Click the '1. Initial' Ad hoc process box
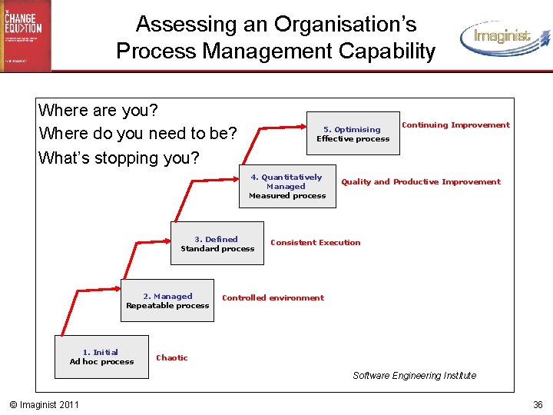pos(101,357)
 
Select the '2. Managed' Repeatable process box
pos(167,301)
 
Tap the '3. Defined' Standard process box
pos(217,244)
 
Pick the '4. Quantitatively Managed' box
pos(286,187)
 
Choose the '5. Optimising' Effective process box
pos(353,134)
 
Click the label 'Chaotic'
pos(172,357)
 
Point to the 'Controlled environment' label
pos(273,298)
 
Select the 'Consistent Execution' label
pos(315,243)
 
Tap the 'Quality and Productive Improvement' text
pos(420,182)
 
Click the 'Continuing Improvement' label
pos(455,125)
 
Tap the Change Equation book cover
pos(25,35)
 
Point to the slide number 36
pos(538,405)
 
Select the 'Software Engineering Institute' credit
pos(414,376)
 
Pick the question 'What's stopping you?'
pos(119,158)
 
